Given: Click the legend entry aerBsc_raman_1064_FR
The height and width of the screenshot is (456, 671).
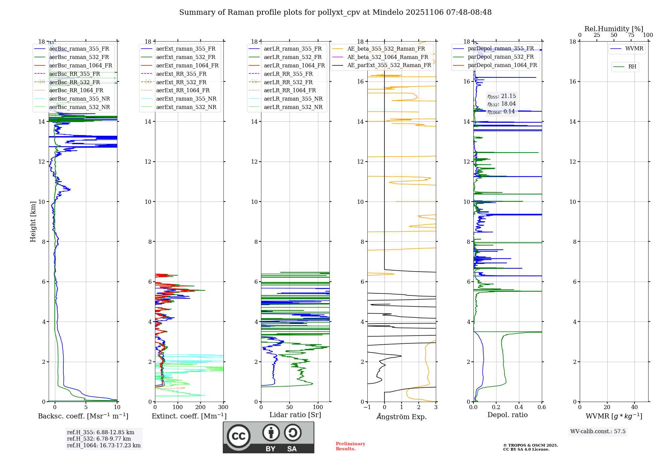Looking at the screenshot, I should point(81,66).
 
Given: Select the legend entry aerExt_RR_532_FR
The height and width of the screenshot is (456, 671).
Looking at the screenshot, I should point(181,82).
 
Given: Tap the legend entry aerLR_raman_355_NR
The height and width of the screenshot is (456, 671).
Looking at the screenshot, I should point(293,99).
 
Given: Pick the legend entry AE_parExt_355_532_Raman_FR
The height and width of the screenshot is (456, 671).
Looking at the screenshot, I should point(389,65).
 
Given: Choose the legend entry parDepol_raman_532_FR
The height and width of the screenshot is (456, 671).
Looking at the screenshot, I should point(501,57).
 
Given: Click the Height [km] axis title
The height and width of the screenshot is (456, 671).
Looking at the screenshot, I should point(33,222).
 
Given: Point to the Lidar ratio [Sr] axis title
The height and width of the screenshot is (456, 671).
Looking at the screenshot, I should point(295,415).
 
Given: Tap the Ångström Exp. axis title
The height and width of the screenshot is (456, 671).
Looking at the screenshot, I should point(402,416).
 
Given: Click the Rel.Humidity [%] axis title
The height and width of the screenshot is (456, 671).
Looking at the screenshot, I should point(614,29).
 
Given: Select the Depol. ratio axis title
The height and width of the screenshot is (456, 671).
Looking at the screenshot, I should point(507,415).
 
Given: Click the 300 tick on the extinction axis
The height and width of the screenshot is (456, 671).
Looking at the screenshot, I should point(223,407).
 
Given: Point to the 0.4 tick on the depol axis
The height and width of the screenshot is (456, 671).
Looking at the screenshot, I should point(519,407).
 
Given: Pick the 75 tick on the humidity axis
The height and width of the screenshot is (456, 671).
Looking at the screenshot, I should point(631,35).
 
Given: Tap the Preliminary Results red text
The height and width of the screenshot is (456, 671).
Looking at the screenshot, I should point(350,446).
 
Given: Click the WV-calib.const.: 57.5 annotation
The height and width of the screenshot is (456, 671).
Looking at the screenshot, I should point(598,432).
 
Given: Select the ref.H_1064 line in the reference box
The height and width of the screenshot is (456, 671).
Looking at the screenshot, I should point(104,446).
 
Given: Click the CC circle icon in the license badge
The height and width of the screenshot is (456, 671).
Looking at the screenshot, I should point(239,436).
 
